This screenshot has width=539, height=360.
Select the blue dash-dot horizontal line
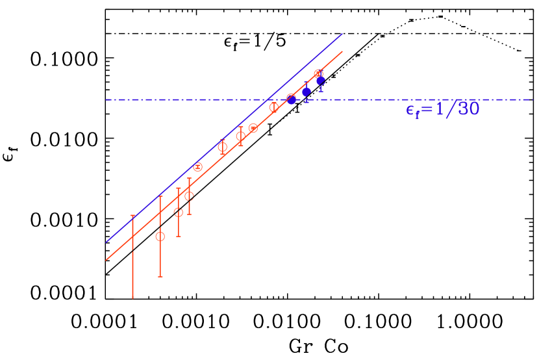(x=364, y=99)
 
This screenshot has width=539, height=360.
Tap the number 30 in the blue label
(x=468, y=109)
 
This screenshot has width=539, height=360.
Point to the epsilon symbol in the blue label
(x=410, y=110)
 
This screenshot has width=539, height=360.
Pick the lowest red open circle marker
(x=160, y=237)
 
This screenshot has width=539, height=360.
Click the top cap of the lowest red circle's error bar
(x=160, y=196)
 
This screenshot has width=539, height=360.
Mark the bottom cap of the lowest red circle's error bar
(x=160, y=277)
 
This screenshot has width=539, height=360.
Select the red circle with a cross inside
(x=198, y=167)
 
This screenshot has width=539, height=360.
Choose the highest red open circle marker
(x=318, y=74)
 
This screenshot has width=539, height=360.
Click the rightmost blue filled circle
(x=320, y=81)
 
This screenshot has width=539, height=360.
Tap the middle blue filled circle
(x=307, y=92)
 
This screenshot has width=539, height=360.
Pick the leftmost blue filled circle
(x=292, y=99)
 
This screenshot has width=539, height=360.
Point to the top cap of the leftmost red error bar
(x=132, y=216)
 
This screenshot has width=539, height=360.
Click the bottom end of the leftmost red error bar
(x=132, y=298)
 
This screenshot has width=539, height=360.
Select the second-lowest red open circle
(x=179, y=212)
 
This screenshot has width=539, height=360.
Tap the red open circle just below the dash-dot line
(x=274, y=107)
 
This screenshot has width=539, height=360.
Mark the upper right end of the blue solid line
(x=342, y=34)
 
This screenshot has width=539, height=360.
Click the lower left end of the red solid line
(x=107, y=260)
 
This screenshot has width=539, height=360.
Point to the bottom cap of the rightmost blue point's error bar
(x=320, y=92)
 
